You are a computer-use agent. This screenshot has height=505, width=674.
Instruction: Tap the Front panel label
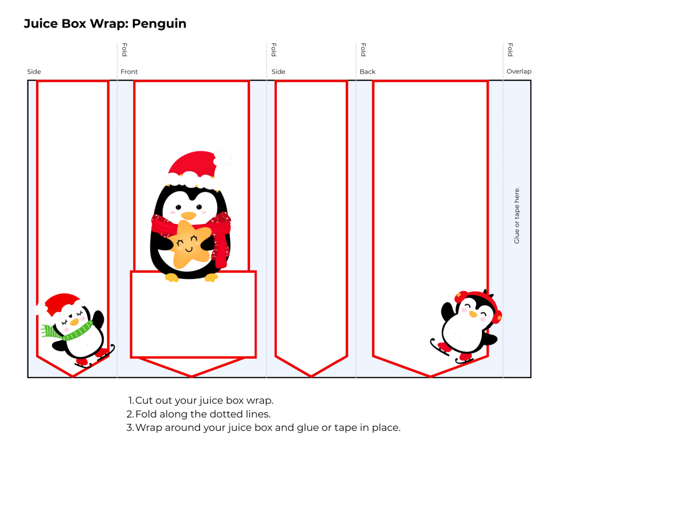point(129,72)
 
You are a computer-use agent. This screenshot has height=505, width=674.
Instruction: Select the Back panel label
point(367,72)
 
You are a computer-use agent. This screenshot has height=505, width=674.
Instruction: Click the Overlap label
point(518,72)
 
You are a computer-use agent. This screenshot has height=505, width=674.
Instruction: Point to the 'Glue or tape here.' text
point(517,215)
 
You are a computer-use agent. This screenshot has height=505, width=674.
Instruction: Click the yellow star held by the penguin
point(189,244)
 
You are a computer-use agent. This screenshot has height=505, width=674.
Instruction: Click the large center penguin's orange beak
point(189,215)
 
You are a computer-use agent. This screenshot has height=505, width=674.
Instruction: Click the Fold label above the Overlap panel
point(510,50)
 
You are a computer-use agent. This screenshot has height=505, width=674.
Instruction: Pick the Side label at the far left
point(34,72)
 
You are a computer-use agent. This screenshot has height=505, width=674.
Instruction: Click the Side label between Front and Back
point(279,72)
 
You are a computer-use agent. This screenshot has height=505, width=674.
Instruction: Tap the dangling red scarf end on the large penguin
point(222,247)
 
